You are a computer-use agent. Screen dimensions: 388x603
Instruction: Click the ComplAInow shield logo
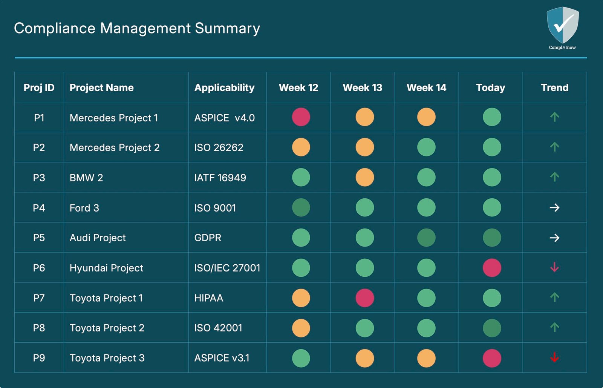pos(562,26)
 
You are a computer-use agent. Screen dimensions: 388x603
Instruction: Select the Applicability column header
pos(224,87)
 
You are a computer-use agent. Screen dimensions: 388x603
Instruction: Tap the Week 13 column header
pos(362,87)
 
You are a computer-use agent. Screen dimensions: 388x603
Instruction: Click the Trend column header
pos(554,87)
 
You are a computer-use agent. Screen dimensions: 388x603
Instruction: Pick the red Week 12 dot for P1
pos(301,117)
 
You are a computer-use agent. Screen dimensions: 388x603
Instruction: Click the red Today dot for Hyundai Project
pos(492,268)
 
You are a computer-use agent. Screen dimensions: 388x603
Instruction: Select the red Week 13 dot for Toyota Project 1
pos(364,298)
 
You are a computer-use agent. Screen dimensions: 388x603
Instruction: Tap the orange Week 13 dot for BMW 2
pos(364,177)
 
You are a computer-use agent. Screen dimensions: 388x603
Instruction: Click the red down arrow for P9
pos(554,357)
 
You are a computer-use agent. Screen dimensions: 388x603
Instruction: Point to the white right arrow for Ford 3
pos(554,207)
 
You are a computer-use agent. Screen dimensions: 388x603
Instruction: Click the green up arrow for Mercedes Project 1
pos(554,117)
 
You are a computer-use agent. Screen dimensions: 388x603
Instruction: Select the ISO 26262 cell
pos(219,147)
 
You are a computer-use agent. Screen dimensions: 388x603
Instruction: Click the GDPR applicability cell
pos(208,238)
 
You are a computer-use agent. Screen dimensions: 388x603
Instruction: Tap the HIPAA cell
pos(208,298)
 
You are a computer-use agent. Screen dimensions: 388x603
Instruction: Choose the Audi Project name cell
pos(98,238)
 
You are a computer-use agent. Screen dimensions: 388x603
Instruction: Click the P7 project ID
pos(39,298)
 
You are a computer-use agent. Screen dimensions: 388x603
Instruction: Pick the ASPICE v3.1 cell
pos(222,358)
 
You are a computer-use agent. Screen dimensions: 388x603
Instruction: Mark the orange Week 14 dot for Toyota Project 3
pos(426,358)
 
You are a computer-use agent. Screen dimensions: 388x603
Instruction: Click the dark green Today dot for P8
pos(492,328)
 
